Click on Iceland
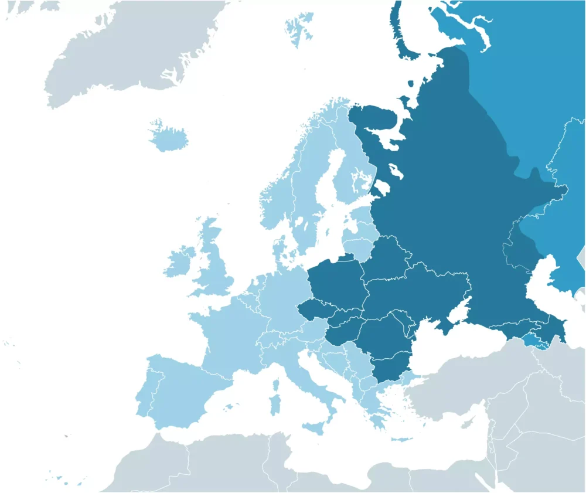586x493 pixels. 168,138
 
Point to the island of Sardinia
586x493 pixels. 274,405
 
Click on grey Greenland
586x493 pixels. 135,53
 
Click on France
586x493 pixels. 226,334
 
